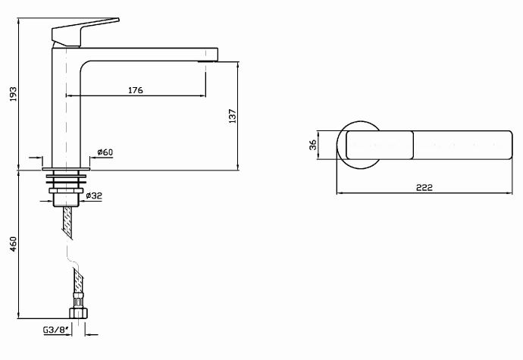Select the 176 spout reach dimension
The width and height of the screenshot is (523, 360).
coord(135,90)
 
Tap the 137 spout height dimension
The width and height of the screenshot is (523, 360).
coord(233,116)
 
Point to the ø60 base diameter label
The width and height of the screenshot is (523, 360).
coord(105,152)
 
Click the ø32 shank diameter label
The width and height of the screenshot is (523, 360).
coord(93,196)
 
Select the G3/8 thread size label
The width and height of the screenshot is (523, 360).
coord(55,330)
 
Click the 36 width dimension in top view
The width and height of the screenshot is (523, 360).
coord(312,145)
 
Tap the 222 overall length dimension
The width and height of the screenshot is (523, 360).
coord(424,188)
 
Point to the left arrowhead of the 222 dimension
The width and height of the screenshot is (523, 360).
coord(338,193)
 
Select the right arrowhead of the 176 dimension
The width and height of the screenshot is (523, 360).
coord(203,96)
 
